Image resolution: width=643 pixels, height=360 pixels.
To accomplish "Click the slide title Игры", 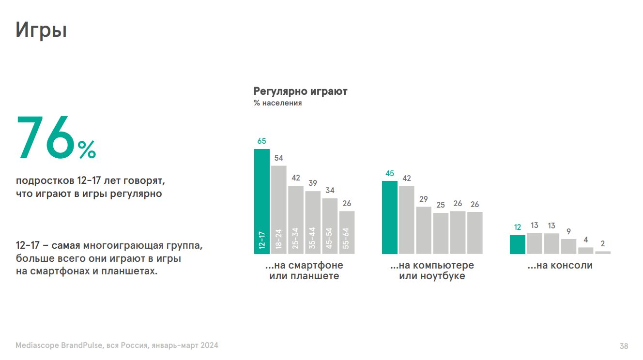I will click(x=41, y=30).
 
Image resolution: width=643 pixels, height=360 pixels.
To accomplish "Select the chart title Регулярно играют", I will click(x=300, y=91).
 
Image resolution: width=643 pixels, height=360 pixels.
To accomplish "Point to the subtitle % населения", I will click(x=277, y=103).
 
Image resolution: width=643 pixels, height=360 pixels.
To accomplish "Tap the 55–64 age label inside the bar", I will click(x=346, y=238).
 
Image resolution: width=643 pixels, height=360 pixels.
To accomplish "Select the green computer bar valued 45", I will click(x=389, y=218).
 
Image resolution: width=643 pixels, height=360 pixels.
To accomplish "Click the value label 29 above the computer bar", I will click(x=424, y=199).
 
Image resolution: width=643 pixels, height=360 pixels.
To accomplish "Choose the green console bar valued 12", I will click(x=517, y=244).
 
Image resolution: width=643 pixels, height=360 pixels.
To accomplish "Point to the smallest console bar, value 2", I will click(x=602, y=252).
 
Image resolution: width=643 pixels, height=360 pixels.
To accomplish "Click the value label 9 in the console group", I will click(x=568, y=232).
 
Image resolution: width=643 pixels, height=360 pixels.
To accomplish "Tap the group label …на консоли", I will click(x=560, y=266).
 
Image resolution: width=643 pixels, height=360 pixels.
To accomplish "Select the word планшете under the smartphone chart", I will click(x=315, y=276).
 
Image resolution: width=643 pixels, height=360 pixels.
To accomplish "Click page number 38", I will click(x=624, y=346).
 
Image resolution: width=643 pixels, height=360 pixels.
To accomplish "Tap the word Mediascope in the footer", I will click(x=37, y=345).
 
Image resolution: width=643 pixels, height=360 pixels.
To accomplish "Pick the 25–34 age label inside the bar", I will click(x=295, y=238).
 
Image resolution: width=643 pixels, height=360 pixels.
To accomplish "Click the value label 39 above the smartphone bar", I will click(x=312, y=183).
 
